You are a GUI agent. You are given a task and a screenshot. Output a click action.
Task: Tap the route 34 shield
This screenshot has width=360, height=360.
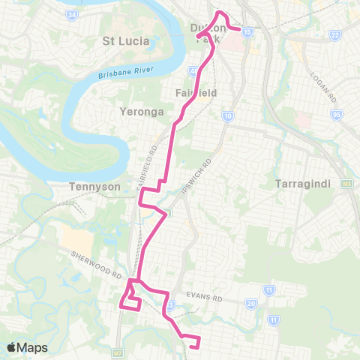point(72,14)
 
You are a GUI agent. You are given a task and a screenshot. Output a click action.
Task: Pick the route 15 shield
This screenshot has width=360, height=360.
point(248,31)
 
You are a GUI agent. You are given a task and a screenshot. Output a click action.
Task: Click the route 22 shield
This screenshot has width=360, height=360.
point(335,35)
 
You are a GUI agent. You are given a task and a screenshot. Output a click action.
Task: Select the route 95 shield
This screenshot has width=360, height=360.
point(334,115)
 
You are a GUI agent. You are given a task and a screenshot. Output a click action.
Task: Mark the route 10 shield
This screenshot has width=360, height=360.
point(227,116)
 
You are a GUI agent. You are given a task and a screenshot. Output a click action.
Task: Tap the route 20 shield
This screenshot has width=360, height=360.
point(252,303)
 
